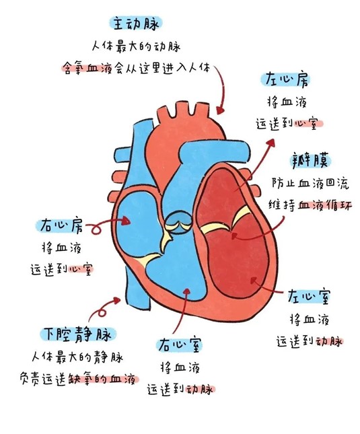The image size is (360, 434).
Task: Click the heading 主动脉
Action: point(135,24)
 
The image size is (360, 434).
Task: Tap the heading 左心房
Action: point(286,79)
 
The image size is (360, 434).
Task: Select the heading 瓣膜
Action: point(312,161)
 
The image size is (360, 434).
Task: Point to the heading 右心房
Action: point(61,225)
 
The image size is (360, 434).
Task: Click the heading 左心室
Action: point(309,297)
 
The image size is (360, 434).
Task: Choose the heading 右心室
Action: point(179,345)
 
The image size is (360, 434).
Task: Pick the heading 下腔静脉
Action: point(78,334)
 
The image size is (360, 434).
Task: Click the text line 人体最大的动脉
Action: point(136,46)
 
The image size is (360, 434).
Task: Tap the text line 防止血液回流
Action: point(310,184)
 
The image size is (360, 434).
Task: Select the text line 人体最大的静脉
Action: point(78,357)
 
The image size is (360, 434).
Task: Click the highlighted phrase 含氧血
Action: point(81,68)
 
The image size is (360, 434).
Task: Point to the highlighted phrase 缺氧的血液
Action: point(103,379)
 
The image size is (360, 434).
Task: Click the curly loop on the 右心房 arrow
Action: point(96,229)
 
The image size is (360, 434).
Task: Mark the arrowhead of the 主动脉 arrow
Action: point(221,110)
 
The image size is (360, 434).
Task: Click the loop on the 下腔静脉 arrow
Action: point(102,312)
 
